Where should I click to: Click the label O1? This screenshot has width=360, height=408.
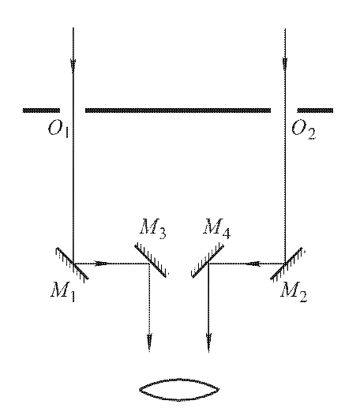point(58,129)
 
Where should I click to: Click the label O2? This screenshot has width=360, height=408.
point(303,130)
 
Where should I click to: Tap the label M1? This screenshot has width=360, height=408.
point(62,291)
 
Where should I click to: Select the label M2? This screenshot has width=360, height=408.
point(294,292)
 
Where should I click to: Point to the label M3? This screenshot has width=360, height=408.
point(153,228)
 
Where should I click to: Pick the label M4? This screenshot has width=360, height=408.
point(216,228)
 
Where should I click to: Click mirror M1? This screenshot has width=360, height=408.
point(72,264)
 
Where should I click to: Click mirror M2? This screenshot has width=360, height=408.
point(287,264)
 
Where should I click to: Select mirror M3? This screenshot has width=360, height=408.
point(151,260)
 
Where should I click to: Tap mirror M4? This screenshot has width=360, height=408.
point(208,260)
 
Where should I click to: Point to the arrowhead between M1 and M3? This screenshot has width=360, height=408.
point(100,264)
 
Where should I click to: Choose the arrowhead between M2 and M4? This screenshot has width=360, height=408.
point(254,264)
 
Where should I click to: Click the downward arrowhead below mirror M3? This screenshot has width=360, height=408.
point(149,340)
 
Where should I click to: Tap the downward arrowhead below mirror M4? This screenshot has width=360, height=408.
point(208,340)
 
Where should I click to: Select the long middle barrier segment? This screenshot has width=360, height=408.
point(178,110)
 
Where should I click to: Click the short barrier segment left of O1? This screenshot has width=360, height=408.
point(41,110)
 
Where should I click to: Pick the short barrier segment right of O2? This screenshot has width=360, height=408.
point(315,110)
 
